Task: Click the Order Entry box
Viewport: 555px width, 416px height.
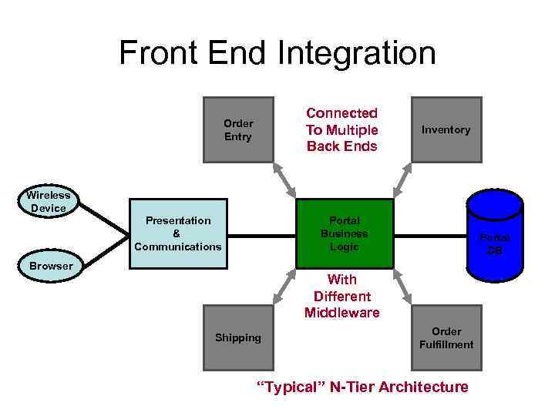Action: [238, 129]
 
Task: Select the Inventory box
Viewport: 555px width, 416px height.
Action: [446, 129]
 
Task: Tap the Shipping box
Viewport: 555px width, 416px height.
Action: [238, 337]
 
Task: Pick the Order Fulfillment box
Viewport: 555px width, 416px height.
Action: [446, 337]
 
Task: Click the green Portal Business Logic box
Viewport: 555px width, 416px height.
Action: [345, 233]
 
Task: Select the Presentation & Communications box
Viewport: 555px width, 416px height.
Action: [178, 233]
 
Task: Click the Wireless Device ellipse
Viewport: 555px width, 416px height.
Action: [49, 202]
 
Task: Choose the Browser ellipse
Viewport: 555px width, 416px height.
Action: [51, 266]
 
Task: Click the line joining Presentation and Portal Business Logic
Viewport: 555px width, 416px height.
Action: [262, 234]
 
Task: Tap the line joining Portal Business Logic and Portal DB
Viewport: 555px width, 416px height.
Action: [429, 234]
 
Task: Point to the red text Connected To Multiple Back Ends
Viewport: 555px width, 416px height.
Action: [342, 129]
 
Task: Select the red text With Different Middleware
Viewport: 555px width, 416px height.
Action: [342, 296]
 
